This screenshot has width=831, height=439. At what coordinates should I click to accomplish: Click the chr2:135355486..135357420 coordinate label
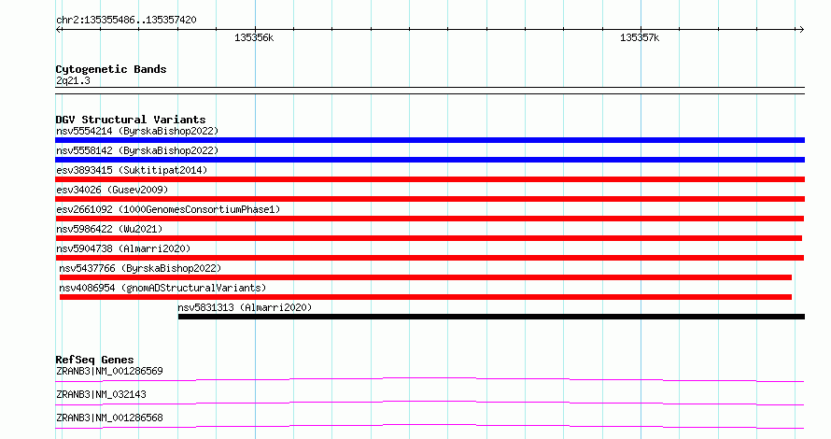pyautogui.click(x=126, y=21)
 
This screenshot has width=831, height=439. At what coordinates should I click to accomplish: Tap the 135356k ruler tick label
pyautogui.click(x=254, y=37)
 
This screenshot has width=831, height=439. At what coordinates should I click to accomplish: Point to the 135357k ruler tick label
pyautogui.click(x=640, y=37)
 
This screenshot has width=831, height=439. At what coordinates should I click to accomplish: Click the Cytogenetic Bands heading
pyautogui.click(x=111, y=69)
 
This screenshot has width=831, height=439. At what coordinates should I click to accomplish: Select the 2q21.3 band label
pyautogui.click(x=73, y=80)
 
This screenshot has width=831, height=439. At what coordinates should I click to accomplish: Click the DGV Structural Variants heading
pyautogui.click(x=131, y=120)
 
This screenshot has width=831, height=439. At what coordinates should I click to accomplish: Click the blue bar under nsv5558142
pyautogui.click(x=430, y=160)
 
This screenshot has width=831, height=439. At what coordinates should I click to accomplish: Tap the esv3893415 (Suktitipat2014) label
pyautogui.click(x=132, y=170)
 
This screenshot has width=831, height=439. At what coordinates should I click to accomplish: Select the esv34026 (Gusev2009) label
pyautogui.click(x=112, y=190)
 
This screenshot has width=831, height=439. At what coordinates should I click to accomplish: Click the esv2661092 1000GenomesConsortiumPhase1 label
pyautogui.click(x=168, y=209)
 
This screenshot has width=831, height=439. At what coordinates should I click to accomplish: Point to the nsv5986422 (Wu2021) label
pyautogui.click(x=109, y=229)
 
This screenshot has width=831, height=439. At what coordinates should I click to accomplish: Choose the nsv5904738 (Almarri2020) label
pyautogui.click(x=123, y=248)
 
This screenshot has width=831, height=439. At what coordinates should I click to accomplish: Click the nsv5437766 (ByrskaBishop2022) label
pyautogui.click(x=140, y=268)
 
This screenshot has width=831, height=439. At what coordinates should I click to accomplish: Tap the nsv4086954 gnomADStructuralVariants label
pyautogui.click(x=162, y=288)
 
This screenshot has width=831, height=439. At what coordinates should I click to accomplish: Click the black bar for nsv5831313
pyautogui.click(x=491, y=317)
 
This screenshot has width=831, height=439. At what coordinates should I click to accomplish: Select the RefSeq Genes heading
pyautogui.click(x=94, y=360)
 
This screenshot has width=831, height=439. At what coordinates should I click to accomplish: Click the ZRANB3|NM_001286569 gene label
pyautogui.click(x=109, y=371)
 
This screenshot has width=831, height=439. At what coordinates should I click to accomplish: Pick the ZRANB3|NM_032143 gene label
pyautogui.click(x=101, y=394)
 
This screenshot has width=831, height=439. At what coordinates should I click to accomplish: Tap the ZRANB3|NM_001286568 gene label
pyautogui.click(x=109, y=418)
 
